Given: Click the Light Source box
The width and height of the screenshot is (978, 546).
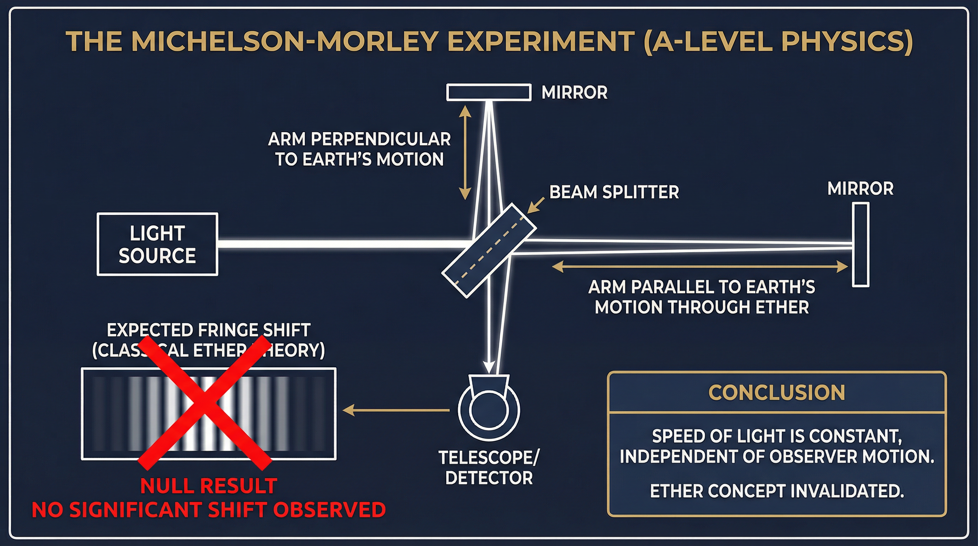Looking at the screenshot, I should (x=157, y=244).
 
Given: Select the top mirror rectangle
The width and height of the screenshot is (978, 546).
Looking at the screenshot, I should (x=489, y=93).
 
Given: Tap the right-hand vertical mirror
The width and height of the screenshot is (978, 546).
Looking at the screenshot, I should (x=861, y=245).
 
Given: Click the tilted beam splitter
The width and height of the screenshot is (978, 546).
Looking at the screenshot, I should (x=489, y=250).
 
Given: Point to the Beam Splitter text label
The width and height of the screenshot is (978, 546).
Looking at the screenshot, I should (x=614, y=192).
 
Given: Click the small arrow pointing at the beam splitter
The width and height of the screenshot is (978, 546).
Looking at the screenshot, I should (x=536, y=205).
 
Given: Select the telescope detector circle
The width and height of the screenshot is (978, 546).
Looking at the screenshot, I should (x=489, y=409).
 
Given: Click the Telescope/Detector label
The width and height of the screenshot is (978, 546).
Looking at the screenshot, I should (x=489, y=467).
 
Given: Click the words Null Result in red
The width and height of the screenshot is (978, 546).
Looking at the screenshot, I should (x=209, y=486).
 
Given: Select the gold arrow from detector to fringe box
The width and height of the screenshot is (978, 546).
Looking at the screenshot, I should (x=396, y=410).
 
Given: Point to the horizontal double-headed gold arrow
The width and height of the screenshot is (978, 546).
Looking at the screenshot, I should (x=700, y=267).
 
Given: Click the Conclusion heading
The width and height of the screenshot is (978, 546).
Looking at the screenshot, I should (x=777, y=392).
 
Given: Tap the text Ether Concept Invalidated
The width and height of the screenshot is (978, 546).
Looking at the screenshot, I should (x=777, y=491).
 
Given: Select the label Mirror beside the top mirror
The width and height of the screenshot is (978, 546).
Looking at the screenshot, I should (x=574, y=93).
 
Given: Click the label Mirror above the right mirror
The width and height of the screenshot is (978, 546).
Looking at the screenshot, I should (x=860, y=189).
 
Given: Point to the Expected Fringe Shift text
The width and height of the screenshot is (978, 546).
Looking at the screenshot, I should (x=209, y=330).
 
